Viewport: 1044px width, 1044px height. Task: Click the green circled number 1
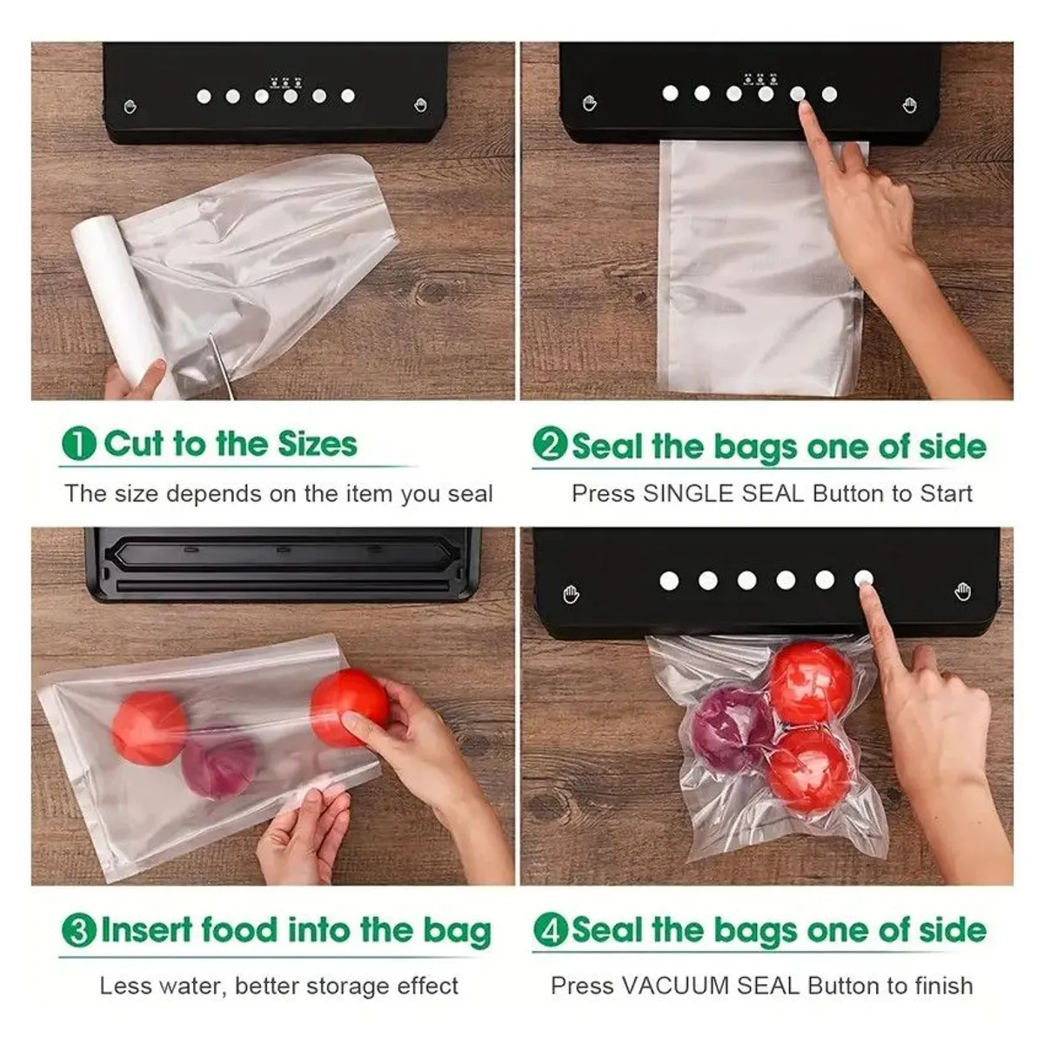tap(78, 444)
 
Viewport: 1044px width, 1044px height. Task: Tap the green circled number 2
tap(550, 445)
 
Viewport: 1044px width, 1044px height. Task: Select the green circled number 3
tap(78, 930)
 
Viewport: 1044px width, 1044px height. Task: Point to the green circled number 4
tap(550, 930)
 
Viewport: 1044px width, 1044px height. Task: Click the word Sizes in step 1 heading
tap(317, 444)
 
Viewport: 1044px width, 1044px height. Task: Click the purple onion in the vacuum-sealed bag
tap(733, 727)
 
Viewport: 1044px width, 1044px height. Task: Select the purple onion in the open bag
tap(218, 766)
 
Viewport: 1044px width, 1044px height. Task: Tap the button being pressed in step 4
tap(863, 579)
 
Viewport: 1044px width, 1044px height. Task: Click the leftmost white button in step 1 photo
tap(204, 97)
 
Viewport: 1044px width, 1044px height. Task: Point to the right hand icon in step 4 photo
tap(962, 592)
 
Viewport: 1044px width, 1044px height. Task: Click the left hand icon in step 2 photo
tap(589, 104)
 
